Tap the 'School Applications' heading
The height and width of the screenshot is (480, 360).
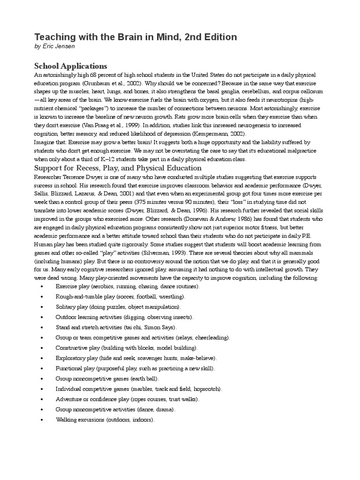(x=71, y=66)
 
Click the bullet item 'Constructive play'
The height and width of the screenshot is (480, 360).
(x=78, y=348)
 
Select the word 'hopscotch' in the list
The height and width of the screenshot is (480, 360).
(x=206, y=389)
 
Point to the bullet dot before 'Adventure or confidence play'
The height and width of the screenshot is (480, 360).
(x=43, y=399)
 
